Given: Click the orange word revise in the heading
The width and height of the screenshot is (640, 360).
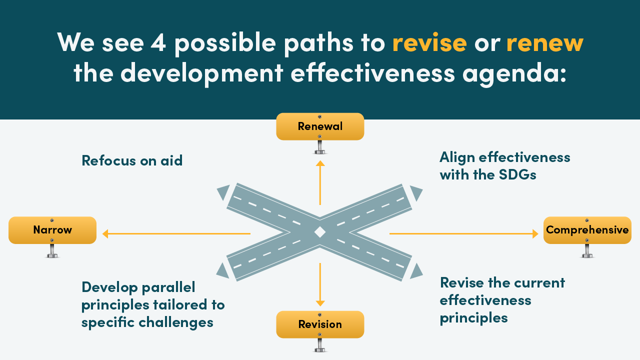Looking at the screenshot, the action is [x=429, y=43].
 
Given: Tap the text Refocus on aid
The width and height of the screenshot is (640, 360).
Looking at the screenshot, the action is [x=132, y=160].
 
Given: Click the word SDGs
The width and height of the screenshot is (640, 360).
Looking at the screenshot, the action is [x=517, y=174].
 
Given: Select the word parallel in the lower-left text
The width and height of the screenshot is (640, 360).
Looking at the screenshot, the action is [x=168, y=287].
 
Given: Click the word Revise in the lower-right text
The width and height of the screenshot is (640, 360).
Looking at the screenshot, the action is [x=461, y=283].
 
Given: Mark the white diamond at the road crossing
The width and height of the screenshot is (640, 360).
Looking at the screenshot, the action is [x=319, y=232].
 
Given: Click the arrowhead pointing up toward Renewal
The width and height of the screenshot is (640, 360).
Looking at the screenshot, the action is [x=320, y=163].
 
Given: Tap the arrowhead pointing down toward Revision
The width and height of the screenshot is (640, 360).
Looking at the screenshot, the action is [x=320, y=303].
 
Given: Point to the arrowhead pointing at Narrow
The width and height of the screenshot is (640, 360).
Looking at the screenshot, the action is [x=105, y=233].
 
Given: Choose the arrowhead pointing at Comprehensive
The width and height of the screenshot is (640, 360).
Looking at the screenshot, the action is [x=535, y=233].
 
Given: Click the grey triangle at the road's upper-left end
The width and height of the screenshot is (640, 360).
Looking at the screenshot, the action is [x=224, y=192].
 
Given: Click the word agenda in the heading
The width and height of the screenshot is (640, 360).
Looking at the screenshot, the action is [x=514, y=73].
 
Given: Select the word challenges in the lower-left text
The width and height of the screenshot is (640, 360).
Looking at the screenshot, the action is [x=176, y=323].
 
